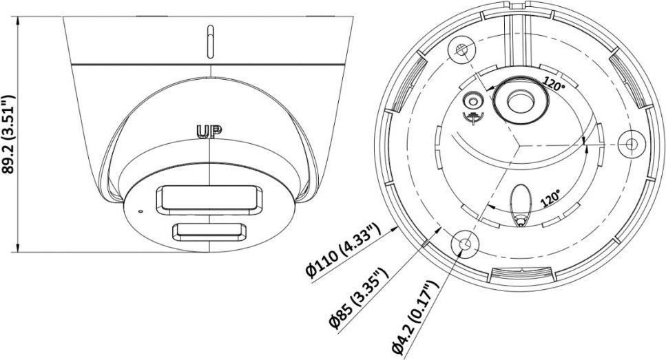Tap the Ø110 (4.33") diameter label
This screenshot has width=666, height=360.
[x=342, y=251]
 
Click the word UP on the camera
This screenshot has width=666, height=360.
[x=209, y=131]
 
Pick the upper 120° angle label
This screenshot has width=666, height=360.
[x=554, y=85]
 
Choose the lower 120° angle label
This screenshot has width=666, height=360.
[x=550, y=198]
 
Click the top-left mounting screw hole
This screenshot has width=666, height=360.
[x=461, y=50]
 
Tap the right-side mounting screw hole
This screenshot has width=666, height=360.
[x=632, y=145]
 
